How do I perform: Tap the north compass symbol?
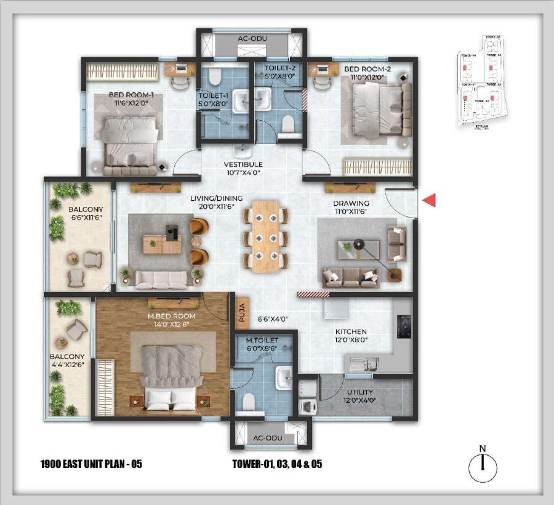click(x=483, y=467)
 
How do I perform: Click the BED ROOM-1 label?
click(x=131, y=95)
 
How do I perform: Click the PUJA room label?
click(x=241, y=313)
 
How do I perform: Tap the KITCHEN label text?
click(x=351, y=331)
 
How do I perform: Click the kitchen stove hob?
click(x=405, y=327)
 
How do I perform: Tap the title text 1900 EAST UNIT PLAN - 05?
click(x=90, y=464)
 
